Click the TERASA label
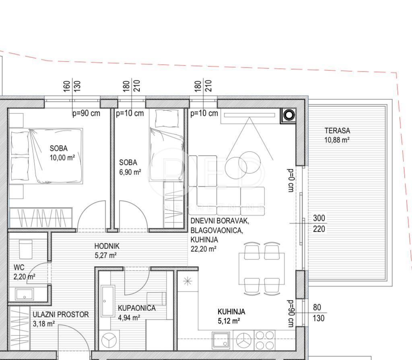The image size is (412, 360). [337, 131]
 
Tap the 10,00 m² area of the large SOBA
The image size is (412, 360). [62, 158]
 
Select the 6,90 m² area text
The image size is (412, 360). [130, 173]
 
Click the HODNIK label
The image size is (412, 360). [107, 246]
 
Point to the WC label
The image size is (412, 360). [19, 267]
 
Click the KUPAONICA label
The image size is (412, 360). [136, 308]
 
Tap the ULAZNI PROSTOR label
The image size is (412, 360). [60, 315]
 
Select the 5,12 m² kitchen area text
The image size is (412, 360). [229, 321]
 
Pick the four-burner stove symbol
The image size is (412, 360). [264, 340]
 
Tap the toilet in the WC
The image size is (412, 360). [26, 249]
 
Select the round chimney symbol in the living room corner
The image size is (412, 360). [289, 115]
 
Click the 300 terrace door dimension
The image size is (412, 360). [319, 218]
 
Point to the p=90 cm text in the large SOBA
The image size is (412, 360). [86, 113]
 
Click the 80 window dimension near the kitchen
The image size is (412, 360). [317, 308]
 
